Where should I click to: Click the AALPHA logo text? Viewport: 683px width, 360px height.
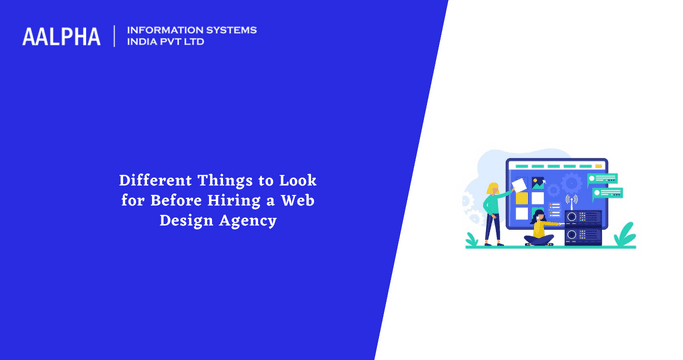coord(61,37)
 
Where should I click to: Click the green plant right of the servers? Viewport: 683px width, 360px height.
coord(625,235)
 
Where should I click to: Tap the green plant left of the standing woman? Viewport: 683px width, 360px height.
coord(474,237)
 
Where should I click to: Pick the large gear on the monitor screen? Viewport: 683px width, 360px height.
coord(572,184)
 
